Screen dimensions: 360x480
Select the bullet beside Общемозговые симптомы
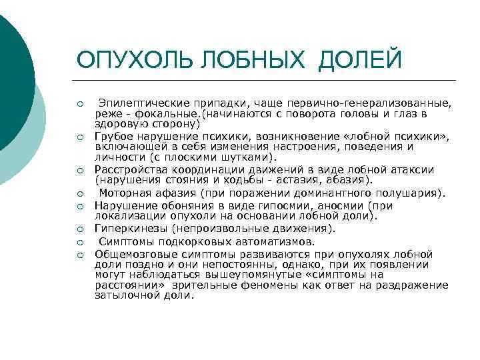79,255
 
